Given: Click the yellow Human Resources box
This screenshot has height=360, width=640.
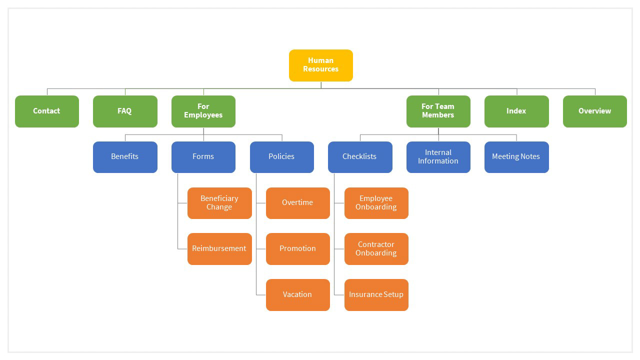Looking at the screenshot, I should pos(320,65).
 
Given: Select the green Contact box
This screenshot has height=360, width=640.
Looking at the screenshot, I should pos(47,111).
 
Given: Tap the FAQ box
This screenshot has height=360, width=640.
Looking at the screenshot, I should pos(125,111).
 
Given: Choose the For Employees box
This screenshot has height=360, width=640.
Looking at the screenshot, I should pos(203,111).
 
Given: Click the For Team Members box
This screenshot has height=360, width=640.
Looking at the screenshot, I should pos(438,111).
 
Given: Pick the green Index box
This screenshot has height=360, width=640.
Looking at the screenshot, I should pos(516,111).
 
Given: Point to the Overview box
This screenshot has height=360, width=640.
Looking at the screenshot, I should pos(594,111).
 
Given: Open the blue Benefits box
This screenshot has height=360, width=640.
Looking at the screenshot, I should pos(125,157).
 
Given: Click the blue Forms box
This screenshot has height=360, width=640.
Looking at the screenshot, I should pos(203,157).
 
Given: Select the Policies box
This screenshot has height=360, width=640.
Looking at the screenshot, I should pos(281,157).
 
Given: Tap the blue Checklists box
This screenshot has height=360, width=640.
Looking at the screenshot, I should pos(360,157).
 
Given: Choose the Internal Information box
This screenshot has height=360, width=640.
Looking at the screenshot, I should pos(438,157).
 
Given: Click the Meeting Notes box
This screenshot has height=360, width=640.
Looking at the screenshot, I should pos(516,157).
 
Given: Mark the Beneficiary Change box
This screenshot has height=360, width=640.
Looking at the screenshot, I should pos(219,203).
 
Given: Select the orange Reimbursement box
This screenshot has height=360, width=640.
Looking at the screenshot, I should pos(219,248).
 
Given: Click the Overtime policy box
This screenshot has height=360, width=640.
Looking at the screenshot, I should pos(297,203).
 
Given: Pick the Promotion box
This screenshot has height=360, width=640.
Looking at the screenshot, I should pos(297,248).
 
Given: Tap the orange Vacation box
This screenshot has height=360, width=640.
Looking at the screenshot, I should pos(297,294).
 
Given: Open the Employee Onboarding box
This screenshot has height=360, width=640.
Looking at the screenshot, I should pos(376,203).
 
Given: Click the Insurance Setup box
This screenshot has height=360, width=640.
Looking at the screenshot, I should pos(376,294).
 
